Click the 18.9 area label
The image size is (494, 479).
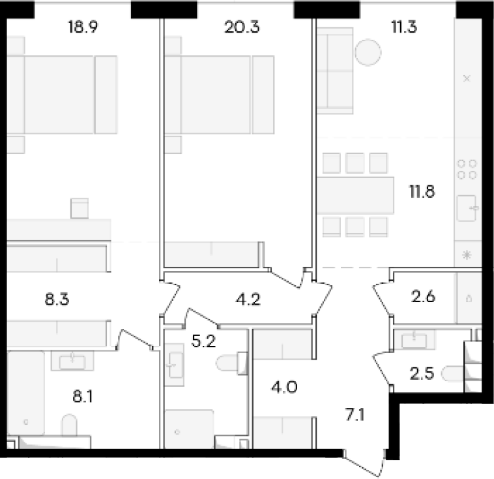coord(83,27)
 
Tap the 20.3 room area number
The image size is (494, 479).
coord(242,27)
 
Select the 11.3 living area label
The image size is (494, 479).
coord(404,27)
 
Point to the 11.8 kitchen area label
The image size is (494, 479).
coord(422,192)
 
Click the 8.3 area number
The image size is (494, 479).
coord(57,299)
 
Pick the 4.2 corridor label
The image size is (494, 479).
coord(248,299)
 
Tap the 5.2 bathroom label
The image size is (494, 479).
coord(203,341)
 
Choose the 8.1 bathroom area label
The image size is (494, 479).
coord(83,396)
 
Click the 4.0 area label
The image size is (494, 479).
coord(284,387)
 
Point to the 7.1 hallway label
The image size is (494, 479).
coord(355,414)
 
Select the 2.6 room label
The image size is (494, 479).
coord(423,297)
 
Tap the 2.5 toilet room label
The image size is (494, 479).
coord(422,374)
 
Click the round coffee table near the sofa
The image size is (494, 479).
coord(368,52)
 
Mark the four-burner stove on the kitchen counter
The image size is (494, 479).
coord(467,170)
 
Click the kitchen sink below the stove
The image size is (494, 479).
coord(467,208)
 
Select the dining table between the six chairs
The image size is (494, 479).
coord(355,196)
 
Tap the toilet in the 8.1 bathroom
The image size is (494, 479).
coord(69,425)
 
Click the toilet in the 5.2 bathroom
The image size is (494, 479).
coord(231,363)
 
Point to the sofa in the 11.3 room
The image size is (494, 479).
coord(334,70)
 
